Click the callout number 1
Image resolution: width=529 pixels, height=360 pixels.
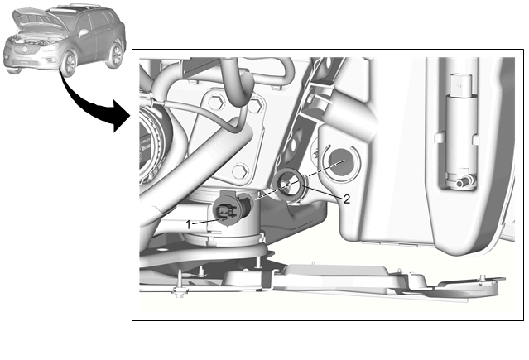(189, 224)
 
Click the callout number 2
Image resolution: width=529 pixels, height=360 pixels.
(347, 199)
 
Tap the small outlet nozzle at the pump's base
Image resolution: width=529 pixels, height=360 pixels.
(464, 183)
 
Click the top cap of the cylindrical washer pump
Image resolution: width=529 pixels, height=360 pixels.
(462, 84)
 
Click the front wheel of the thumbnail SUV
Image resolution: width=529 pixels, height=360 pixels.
(70, 64)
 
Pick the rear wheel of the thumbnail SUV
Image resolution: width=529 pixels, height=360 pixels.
(116, 54)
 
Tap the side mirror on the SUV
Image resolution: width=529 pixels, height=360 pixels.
(83, 33)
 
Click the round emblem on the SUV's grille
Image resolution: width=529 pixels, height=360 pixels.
(24, 50)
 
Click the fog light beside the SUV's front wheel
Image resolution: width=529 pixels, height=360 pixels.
(49, 60)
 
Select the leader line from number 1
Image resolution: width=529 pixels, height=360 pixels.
(205, 221)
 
